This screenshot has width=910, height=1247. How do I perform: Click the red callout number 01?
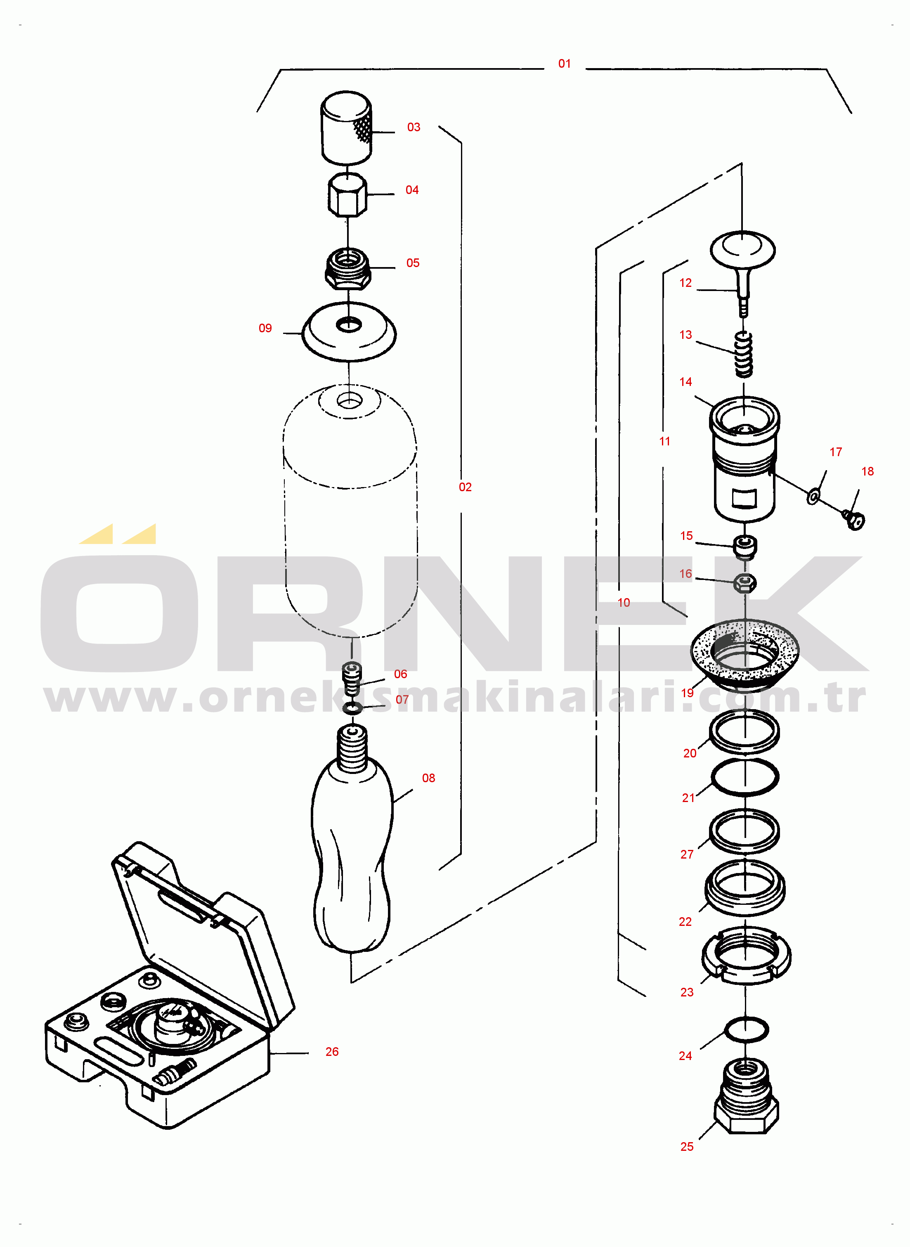(x=564, y=64)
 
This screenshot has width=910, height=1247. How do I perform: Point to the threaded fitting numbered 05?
(x=347, y=269)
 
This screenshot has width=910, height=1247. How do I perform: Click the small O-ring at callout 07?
(x=352, y=708)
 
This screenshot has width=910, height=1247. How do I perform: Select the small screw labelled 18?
(x=853, y=519)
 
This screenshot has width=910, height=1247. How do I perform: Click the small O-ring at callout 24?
(x=747, y=1029)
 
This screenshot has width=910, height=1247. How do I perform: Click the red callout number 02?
(x=465, y=487)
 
